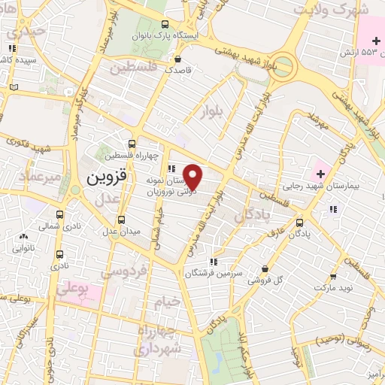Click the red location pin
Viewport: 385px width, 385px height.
(193, 177)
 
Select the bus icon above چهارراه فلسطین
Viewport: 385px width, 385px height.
(132, 143)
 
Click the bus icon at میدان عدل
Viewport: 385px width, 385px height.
(122, 220)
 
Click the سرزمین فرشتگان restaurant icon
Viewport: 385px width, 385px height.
(214, 262)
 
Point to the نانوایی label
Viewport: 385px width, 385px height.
(22, 246)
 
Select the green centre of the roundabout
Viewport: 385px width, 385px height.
(286, 62)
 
